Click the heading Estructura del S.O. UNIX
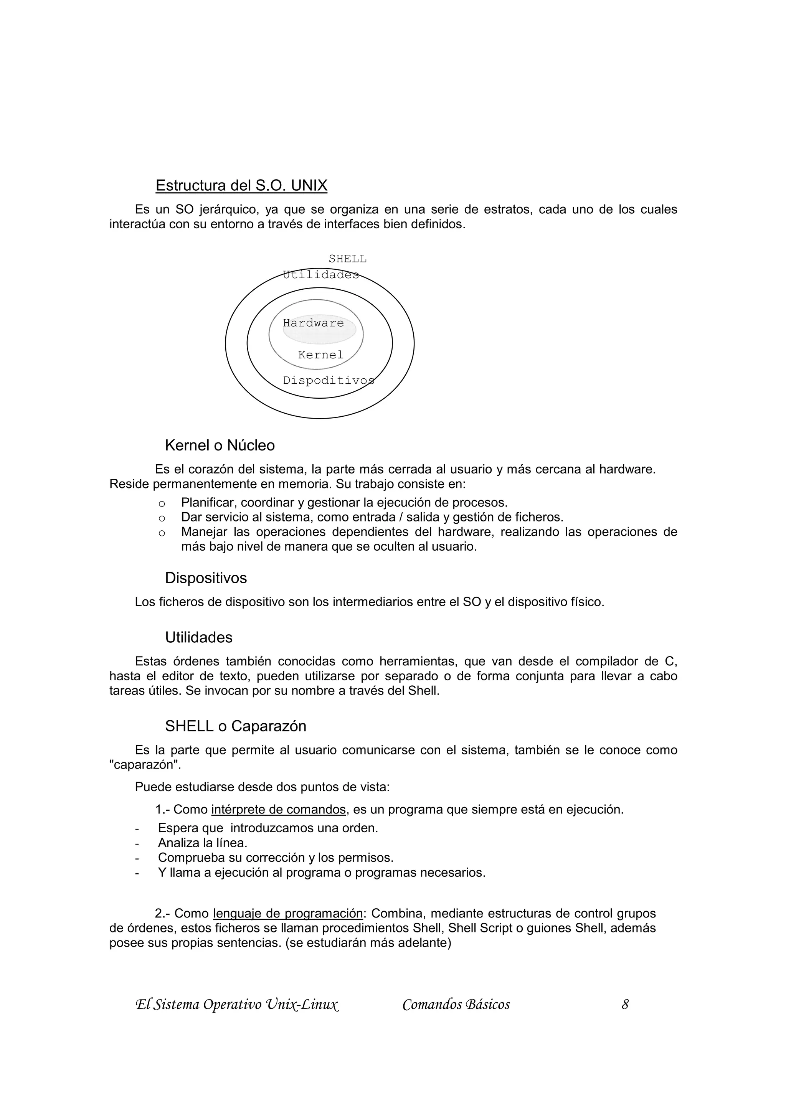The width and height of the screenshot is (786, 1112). tap(241, 185)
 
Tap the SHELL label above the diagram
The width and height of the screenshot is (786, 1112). tap(347, 259)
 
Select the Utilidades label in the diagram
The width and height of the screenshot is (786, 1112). tap(320, 275)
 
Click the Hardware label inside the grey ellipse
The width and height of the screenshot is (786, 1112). tap(313, 323)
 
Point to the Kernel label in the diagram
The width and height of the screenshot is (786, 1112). tap(320, 355)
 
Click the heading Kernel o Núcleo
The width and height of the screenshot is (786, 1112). tap(220, 445)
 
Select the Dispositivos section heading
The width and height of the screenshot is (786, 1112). tap(206, 578)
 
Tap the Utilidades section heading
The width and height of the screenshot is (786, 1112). tap(198, 637)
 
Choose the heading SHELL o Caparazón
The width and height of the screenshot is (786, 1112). tap(235, 726)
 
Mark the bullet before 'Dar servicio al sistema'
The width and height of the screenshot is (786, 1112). tap(162, 518)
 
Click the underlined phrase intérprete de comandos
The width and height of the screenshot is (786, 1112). tap(279, 809)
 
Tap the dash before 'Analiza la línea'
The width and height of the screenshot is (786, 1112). tap(137, 843)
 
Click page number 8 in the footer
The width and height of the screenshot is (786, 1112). tap(625, 1005)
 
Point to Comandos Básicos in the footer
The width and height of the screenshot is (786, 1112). tap(456, 1005)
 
